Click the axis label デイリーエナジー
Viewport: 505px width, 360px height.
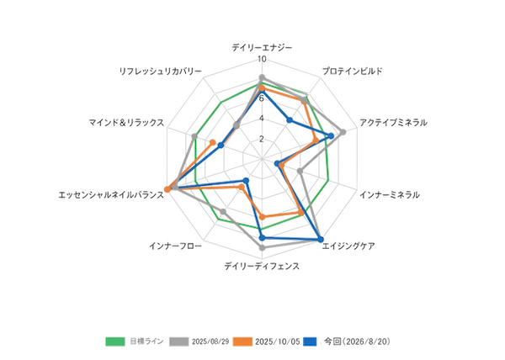pyautogui.click(x=262, y=48)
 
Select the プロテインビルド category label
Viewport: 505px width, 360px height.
pyautogui.click(x=352, y=71)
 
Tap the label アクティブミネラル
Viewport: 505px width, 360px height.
pyautogui.click(x=393, y=123)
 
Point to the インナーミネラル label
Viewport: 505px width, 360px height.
pyautogui.click(x=390, y=194)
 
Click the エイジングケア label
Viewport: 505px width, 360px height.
pyautogui.click(x=348, y=246)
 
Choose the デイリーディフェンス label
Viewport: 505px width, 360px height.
pyautogui.click(x=262, y=266)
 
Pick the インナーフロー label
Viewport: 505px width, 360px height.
pyautogui.click(x=176, y=246)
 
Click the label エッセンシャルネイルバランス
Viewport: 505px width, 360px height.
pyautogui.click(x=111, y=194)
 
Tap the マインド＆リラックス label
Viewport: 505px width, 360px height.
pyautogui.click(x=126, y=123)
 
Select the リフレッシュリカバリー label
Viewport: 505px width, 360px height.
pyautogui.click(x=161, y=71)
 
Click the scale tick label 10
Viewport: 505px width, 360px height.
pyautogui.click(x=262, y=59)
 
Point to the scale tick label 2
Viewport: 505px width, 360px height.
pyautogui.click(x=262, y=139)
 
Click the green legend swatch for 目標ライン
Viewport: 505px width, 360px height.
pyautogui.click(x=115, y=341)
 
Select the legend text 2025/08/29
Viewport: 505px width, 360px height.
pyautogui.click(x=210, y=341)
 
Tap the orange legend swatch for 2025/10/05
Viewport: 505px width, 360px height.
pyautogui.click(x=243, y=341)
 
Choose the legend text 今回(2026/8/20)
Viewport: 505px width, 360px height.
pyautogui.click(x=357, y=341)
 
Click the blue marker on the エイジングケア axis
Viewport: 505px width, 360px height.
pyautogui.click(x=320, y=239)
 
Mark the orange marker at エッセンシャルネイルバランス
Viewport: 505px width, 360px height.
pyautogui.click(x=167, y=189)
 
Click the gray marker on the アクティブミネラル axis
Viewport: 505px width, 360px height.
pyautogui.click(x=343, y=132)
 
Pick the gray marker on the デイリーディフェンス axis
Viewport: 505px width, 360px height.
pyautogui.click(x=262, y=248)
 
